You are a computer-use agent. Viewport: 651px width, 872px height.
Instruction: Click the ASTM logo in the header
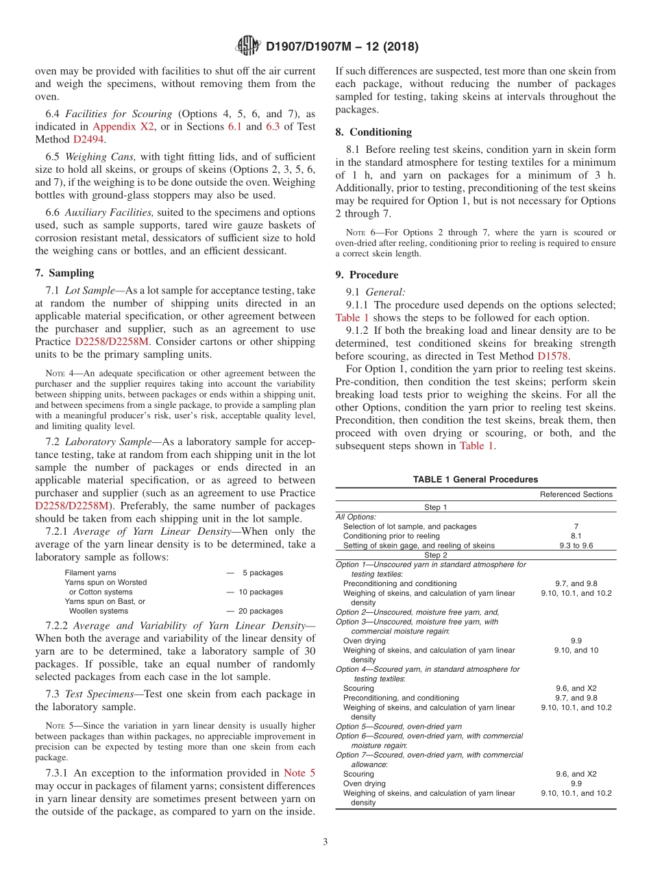(x=247, y=47)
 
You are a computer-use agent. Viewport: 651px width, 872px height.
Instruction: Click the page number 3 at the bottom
(x=325, y=843)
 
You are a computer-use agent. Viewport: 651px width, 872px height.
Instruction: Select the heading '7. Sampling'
(x=65, y=273)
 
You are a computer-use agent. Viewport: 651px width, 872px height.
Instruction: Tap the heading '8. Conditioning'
(x=373, y=132)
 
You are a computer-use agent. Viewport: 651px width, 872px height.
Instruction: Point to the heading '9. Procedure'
(x=367, y=275)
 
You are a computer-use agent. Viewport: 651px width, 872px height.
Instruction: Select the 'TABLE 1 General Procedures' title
(x=475, y=480)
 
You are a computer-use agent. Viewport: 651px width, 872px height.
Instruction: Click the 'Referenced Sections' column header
(x=576, y=494)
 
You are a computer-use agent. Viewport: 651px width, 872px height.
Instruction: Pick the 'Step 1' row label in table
(x=435, y=507)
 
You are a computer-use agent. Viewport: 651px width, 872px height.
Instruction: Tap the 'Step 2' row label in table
(x=435, y=555)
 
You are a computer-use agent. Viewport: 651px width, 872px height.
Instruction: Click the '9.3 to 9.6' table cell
(x=576, y=546)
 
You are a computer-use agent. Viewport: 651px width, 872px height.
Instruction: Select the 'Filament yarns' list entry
(x=90, y=572)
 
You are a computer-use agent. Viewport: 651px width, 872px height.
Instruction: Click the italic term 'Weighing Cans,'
(x=101, y=157)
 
